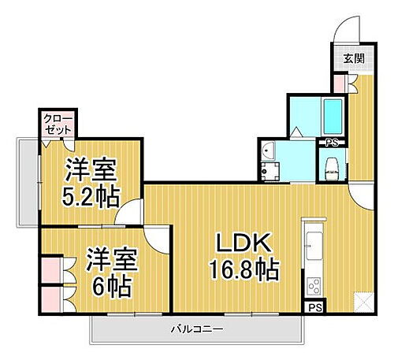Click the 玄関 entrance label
(x=350, y=58)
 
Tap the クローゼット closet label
(x=57, y=124)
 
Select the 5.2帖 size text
(x=89, y=195)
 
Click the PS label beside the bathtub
(x=332, y=143)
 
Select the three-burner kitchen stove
(x=312, y=282)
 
